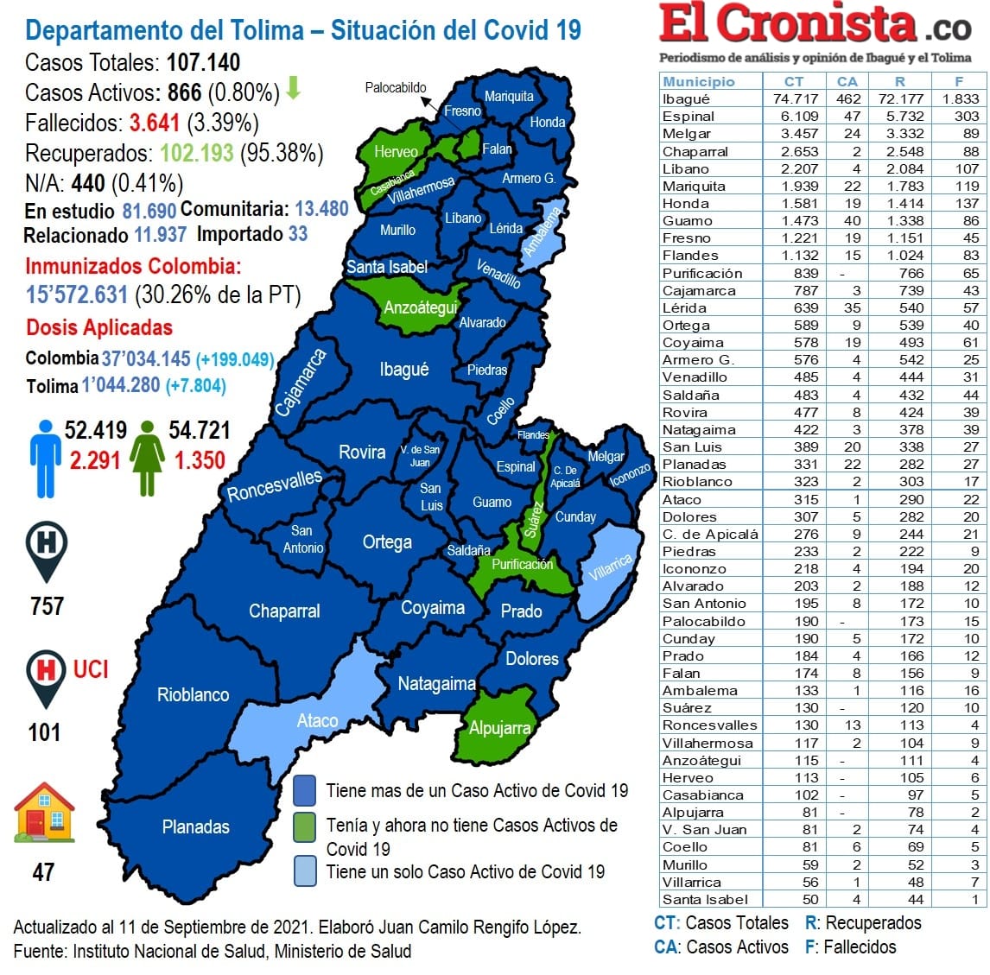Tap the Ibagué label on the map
point(403,370)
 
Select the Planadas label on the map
point(195,826)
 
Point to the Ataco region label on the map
point(317,720)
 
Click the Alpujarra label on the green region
point(499,728)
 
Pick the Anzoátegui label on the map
point(420,307)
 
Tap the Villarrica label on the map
point(610,567)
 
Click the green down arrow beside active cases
point(293,88)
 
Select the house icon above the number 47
point(44,813)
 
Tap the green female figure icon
point(148,458)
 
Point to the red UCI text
point(91,669)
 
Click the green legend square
point(304,826)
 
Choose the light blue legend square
point(304,871)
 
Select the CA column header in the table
point(847,81)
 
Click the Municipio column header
point(698,81)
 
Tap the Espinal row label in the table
point(688,116)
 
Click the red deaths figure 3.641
point(155,123)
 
